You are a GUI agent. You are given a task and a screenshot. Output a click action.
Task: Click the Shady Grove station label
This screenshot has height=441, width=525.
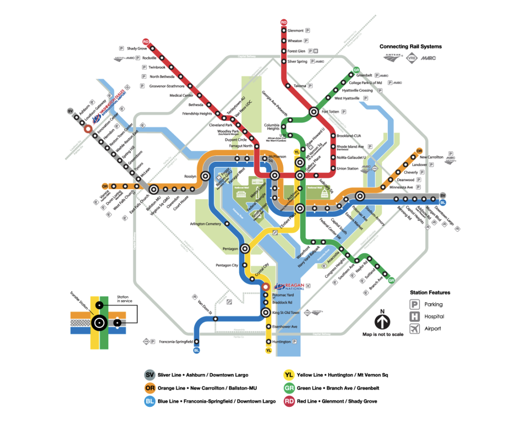coord(137,48)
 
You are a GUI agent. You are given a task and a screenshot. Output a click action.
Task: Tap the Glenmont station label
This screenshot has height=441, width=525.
coord(295,31)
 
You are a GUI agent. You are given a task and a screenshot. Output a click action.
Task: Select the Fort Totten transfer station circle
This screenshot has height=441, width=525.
coord(314,112)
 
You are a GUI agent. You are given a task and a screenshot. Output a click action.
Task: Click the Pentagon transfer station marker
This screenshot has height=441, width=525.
coord(244,249)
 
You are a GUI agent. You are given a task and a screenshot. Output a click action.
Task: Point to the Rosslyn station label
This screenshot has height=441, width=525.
coord(190,176)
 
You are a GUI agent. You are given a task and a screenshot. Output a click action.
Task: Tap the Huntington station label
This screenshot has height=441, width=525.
coord(281,342)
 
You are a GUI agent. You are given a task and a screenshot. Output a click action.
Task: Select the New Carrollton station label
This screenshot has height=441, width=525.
coord(431,157)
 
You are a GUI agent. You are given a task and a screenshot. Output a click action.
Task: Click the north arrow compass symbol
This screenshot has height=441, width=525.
coord(382,322)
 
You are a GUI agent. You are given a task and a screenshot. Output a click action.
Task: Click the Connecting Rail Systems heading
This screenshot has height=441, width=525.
coord(411,46)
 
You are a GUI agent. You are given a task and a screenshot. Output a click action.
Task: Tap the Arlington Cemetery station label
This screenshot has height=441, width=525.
coord(205,224)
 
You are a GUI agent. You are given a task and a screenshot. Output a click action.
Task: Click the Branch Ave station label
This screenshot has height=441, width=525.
coord(375,282)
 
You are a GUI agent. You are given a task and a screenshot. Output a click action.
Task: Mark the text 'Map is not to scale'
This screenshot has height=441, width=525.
coord(383,335)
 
